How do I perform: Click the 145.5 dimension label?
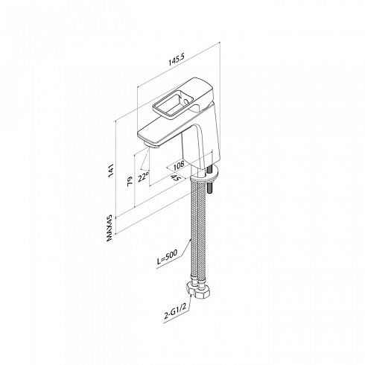(x=177, y=60)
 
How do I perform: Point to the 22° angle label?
(x=144, y=177)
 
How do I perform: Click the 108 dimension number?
(x=179, y=165)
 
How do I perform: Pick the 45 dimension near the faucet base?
(x=176, y=177)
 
